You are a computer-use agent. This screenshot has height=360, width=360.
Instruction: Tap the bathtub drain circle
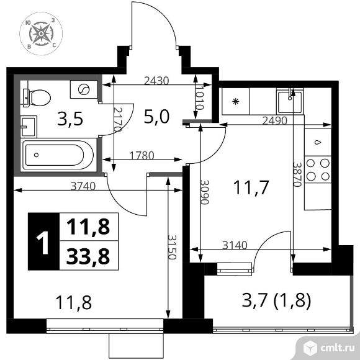pos(36,155)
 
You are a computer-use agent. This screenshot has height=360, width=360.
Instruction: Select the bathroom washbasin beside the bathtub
pos(29,127)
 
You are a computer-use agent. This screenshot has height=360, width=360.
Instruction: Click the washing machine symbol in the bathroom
pos(84,89)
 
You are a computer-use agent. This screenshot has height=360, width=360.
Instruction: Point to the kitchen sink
pos(290,101)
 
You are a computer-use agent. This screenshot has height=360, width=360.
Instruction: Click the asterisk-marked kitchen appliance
pos(236,101)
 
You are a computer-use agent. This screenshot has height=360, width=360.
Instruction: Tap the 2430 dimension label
pos(156,81)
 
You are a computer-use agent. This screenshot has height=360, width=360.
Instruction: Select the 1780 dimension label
pos(142,155)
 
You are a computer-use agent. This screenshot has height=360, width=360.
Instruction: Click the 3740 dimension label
pos(83,186)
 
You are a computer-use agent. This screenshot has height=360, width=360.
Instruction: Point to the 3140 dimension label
pos(235,245)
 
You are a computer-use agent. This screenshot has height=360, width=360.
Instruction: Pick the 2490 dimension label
pos(274,120)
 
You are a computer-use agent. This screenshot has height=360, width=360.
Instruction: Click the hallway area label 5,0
pos(157,117)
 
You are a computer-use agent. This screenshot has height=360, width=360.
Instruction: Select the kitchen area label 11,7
pos(251,187)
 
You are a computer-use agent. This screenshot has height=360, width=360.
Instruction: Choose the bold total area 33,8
pos(88,256)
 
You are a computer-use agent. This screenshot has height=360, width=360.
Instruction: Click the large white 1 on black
pos(43,243)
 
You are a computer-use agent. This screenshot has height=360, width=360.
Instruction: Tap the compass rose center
pos(41,34)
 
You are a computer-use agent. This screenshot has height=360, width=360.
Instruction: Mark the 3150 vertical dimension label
pos(172,247)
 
